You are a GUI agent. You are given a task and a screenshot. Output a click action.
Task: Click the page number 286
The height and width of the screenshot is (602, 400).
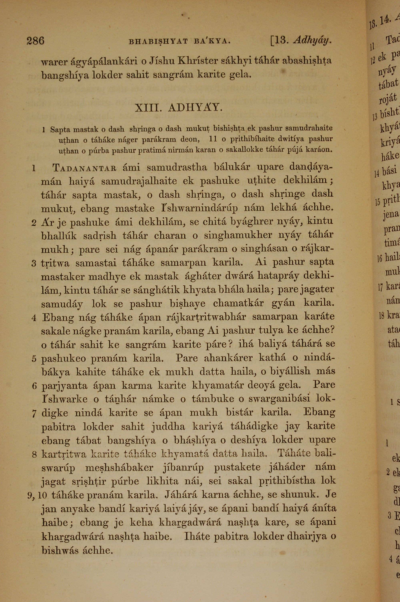tap(35, 41)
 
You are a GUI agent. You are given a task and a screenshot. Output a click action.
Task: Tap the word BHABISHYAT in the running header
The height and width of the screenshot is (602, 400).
tap(158, 41)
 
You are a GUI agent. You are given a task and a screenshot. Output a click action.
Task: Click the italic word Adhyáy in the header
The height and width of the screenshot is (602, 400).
tap(312, 40)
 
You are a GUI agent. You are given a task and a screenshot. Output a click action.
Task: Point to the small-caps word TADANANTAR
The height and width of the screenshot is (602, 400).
tap(85, 168)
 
